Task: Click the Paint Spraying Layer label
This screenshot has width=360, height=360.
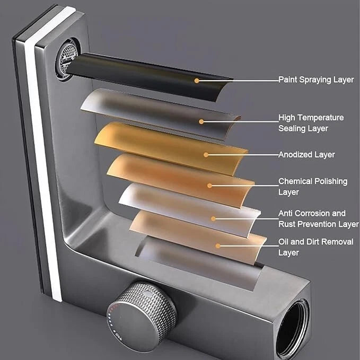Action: click(316, 80)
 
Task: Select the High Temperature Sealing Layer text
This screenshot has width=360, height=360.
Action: click(311, 123)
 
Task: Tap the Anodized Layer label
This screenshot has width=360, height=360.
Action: click(306, 154)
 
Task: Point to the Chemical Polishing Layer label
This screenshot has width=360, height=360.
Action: click(313, 187)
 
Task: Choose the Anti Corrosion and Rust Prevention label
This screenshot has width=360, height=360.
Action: click(319, 218)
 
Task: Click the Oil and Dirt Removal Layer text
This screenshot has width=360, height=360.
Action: click(316, 247)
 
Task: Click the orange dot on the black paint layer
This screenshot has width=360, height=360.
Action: click(197, 81)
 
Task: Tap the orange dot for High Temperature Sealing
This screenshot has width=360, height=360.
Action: click(201, 122)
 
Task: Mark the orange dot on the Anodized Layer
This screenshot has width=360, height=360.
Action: click(206, 155)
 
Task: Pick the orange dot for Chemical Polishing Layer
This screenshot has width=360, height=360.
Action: click(209, 186)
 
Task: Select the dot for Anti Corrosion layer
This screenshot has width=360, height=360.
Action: click(213, 219)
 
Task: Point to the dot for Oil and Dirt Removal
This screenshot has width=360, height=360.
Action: click(218, 246)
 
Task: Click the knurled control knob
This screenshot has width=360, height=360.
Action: click(141, 317)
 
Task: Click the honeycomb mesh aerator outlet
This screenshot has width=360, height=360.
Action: click(67, 60)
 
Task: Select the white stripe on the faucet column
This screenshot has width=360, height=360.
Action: click(43, 154)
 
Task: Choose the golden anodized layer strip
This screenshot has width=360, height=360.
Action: click(171, 147)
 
